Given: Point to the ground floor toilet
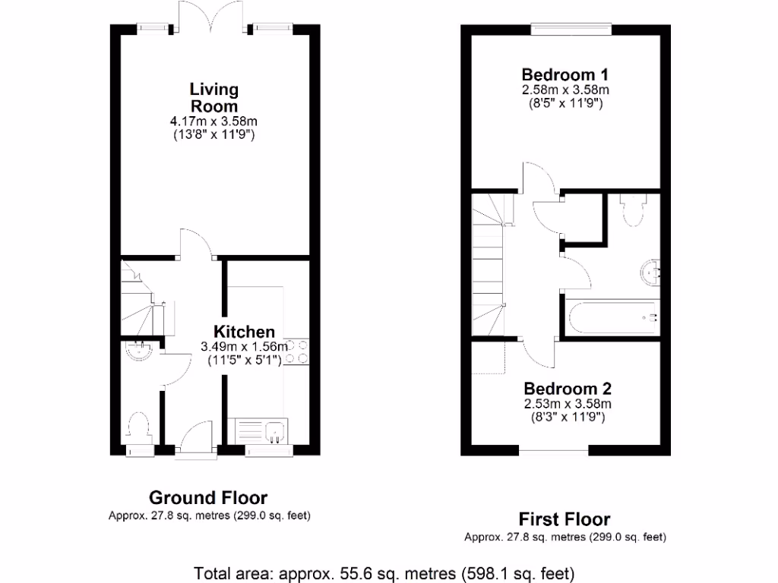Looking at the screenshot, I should [138, 426].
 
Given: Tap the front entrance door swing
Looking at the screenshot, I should [195, 439].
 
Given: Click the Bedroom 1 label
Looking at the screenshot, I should [565, 74].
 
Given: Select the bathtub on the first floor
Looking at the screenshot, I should [612, 317].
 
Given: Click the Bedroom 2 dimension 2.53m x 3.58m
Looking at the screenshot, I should [568, 403].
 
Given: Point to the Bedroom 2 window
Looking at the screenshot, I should [554, 451].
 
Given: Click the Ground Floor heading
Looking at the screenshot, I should [207, 498].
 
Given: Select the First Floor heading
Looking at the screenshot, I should [565, 519].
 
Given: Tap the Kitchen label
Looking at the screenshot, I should [243, 332].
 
